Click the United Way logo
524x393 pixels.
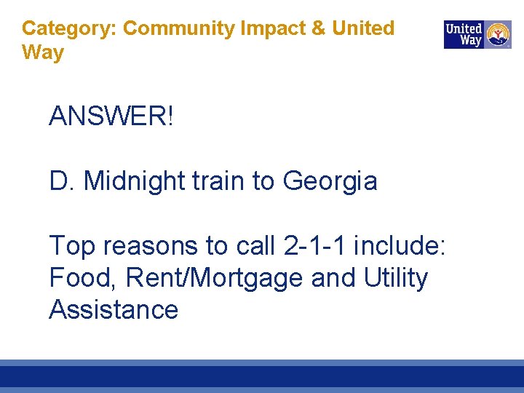(477, 34)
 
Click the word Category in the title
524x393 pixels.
(69, 28)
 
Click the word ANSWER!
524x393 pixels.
(111, 116)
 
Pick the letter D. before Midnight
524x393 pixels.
(63, 181)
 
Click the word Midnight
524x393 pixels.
(135, 181)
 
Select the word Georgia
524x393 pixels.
(330, 181)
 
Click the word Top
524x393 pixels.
(72, 247)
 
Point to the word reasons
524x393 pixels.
(151, 247)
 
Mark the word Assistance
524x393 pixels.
(114, 309)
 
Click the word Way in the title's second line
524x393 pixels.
(43, 52)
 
